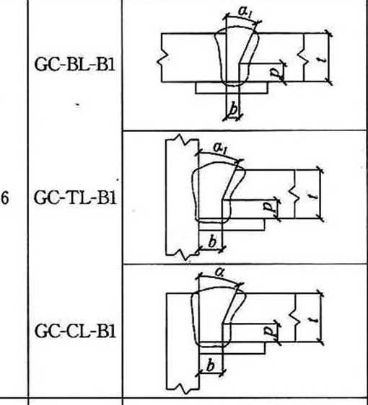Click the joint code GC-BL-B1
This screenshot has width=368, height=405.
(74, 64)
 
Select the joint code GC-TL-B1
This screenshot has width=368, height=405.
(75, 198)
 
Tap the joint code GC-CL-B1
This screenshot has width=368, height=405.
(75, 331)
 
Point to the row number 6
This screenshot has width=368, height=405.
(4, 198)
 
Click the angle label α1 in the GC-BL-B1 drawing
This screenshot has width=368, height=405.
(245, 12)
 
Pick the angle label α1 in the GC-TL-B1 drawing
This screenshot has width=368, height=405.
(220, 148)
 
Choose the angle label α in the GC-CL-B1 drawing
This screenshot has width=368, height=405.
(219, 272)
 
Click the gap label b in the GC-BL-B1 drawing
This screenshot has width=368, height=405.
(234, 109)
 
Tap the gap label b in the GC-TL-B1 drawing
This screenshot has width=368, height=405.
(212, 242)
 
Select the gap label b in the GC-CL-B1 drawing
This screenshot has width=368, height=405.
(211, 365)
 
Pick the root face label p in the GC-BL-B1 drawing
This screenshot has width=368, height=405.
(275, 73)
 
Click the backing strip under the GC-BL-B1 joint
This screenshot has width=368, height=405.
(232, 88)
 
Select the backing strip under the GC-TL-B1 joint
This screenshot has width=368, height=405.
(232, 224)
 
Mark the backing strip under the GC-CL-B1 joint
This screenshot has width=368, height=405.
(232, 347)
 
